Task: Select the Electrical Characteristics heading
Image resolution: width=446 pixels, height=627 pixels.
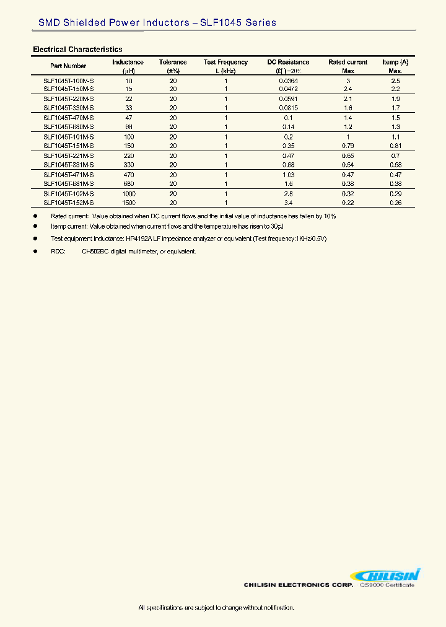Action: tap(77, 50)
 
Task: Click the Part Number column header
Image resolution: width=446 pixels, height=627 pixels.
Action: tap(68, 66)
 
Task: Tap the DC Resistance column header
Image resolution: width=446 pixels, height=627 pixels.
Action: tap(288, 62)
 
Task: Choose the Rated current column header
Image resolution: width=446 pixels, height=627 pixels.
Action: tap(348, 62)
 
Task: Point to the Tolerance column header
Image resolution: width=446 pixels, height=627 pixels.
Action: tap(173, 62)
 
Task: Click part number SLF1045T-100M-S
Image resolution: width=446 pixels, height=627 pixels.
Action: tap(69, 81)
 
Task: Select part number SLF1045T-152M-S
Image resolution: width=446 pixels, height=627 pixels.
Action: tap(69, 203)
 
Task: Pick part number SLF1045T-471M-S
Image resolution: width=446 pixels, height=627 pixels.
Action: tap(69, 175)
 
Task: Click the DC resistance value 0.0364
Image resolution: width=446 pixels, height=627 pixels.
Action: tap(288, 81)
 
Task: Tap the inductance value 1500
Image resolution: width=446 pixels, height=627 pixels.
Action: tap(129, 203)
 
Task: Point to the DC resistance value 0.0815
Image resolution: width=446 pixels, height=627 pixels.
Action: tap(288, 108)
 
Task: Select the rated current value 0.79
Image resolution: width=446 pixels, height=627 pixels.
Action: tap(348, 146)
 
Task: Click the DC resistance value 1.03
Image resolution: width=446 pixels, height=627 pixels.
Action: tap(288, 175)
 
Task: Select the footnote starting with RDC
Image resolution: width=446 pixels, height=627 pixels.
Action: tap(124, 252)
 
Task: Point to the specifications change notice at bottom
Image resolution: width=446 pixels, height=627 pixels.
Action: tap(216, 608)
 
